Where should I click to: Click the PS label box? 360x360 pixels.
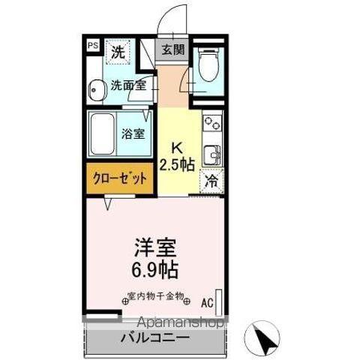(x=92, y=46)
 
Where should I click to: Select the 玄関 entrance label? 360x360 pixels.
(x=172, y=50)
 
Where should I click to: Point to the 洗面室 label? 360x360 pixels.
(x=128, y=85)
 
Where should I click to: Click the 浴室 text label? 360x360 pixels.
(x=134, y=134)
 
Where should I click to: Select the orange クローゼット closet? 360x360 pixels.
(x=119, y=178)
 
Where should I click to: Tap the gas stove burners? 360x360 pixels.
(x=212, y=121)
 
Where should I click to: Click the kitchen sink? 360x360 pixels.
(x=213, y=155)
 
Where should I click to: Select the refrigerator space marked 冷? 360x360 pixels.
(x=212, y=181)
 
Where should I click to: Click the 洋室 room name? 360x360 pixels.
(x=157, y=247)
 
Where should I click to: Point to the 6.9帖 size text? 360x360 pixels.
(x=157, y=267)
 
